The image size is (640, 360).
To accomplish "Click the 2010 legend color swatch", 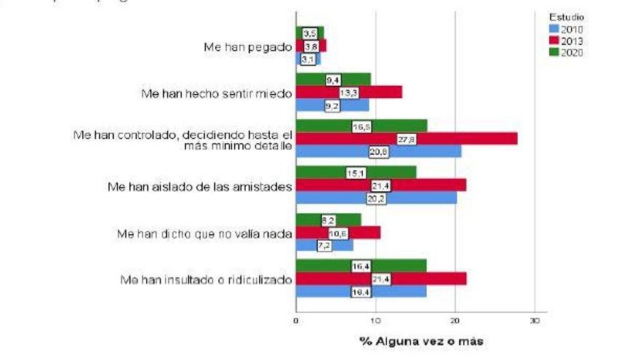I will [554, 28].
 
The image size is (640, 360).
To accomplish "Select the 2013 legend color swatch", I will [554, 40].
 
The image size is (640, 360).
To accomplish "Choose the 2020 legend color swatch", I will [554, 52].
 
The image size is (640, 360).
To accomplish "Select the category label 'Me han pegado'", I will [248, 47].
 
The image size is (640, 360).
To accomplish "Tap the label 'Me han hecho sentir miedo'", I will [215, 93].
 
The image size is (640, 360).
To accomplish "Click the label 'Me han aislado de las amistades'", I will [199, 187].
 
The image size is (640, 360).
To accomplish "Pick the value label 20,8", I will [379, 151].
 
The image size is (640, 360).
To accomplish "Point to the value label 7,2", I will [324, 246].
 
